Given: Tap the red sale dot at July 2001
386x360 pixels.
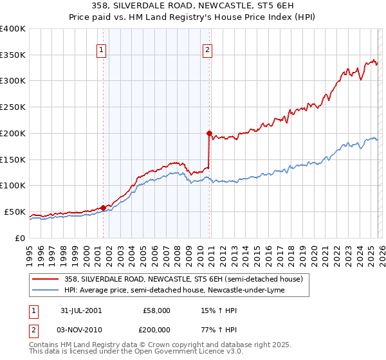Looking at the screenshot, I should tap(104, 207).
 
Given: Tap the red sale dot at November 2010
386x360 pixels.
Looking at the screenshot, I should tap(209, 133).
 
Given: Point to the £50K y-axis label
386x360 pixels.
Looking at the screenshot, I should tap(14, 212).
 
